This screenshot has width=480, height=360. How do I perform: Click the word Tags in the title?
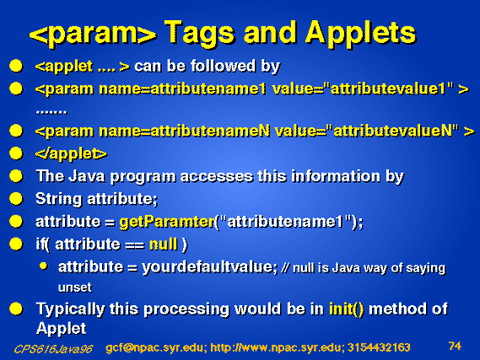tap(200, 33)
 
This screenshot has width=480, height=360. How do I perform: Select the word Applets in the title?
tap(361, 33)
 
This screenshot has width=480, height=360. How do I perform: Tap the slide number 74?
tap(455, 346)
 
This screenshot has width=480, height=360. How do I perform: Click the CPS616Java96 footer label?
tap(53, 349)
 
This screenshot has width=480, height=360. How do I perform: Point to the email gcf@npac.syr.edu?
tap(154, 347)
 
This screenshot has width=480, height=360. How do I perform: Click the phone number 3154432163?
tap(379, 347)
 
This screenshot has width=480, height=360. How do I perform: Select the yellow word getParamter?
tap(167, 222)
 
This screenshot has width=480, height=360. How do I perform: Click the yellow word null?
tap(163, 244)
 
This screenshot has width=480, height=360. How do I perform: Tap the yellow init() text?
tap(347, 309)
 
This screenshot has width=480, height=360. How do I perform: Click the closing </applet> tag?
tap(71, 153)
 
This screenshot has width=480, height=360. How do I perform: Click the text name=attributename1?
tap(182, 89)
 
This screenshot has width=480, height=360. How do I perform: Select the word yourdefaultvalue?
tap(210, 267)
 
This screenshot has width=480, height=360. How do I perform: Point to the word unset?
tap(75, 287)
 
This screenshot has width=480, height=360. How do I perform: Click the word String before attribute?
tap(59, 199)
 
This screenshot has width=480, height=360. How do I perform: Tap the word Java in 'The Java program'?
tap(86, 176)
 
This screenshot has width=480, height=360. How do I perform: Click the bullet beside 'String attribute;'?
tap(16, 199)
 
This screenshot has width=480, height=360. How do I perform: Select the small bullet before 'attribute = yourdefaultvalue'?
tap(44, 266)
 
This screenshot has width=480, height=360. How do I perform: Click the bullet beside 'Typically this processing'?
tap(16, 309)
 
